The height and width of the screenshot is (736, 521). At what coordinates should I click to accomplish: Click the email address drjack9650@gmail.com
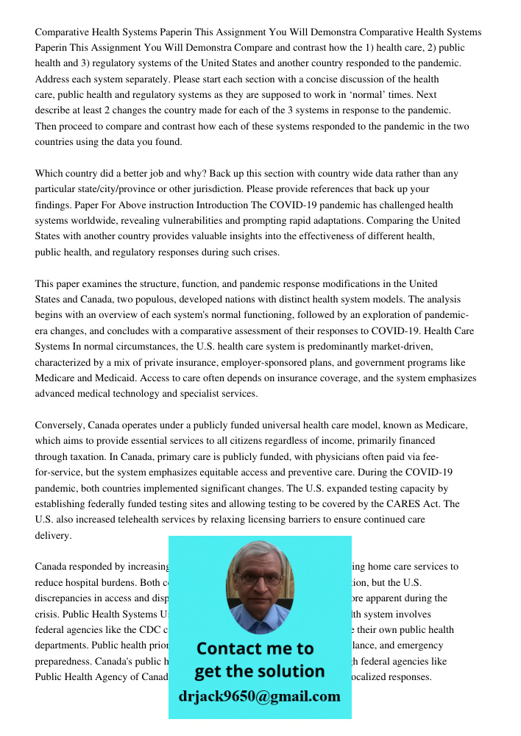coord(259,696)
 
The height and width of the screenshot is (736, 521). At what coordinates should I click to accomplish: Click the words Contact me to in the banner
coord(255,648)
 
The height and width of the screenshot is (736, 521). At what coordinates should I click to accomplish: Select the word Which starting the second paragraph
coord(51,174)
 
